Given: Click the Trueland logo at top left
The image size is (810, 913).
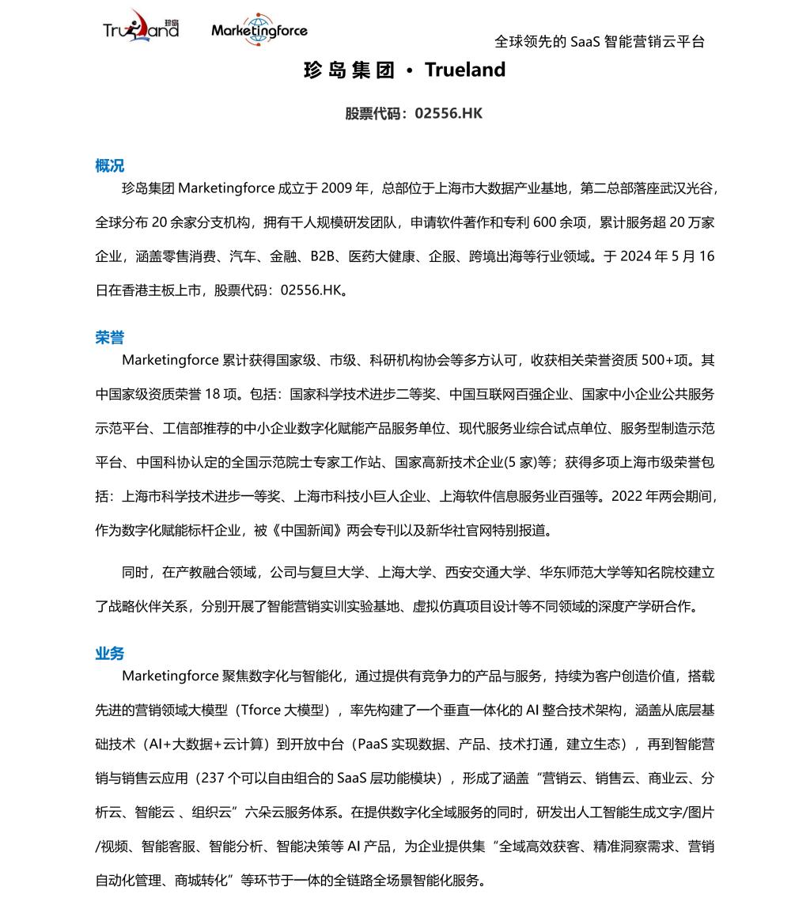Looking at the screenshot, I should point(141,29).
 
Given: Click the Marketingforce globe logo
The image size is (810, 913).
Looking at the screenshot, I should point(259,30).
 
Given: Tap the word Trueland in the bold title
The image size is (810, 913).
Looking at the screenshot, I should point(465,70).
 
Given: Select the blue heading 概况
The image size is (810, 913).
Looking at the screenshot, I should point(109,165).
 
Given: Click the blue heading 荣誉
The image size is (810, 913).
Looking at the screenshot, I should point(109,337).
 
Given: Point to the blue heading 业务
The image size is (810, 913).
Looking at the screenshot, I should point(109,653).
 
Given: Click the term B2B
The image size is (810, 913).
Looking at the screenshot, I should point(323,256).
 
